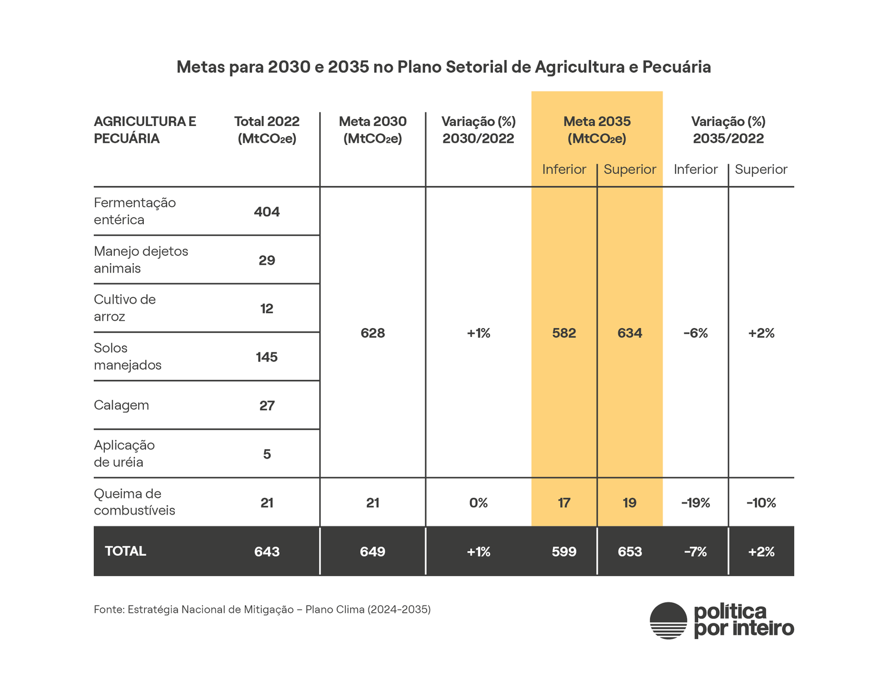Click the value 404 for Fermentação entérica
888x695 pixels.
click(266, 212)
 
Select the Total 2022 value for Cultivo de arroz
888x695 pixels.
click(266, 309)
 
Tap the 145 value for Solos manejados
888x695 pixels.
click(266, 357)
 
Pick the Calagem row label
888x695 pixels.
click(122, 405)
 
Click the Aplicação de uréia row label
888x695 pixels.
click(124, 454)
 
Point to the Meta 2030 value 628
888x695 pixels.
click(372, 333)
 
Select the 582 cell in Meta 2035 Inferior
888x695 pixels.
click(564, 333)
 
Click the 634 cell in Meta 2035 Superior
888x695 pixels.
click(629, 333)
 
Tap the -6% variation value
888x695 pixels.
click(695, 333)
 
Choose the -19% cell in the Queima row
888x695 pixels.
click(695, 503)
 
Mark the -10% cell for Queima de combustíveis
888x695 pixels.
click(761, 503)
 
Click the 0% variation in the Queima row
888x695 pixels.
click(478, 503)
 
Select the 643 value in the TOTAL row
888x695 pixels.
click(266, 552)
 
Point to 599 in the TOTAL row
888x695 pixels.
click(564, 552)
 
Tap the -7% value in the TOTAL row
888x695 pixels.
click(695, 552)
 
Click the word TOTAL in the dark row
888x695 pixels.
click(125, 551)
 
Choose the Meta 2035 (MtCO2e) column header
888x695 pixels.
click(597, 130)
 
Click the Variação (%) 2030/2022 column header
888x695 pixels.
click(478, 130)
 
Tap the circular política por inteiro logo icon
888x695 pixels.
click(668, 621)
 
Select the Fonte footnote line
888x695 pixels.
click(262, 610)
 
